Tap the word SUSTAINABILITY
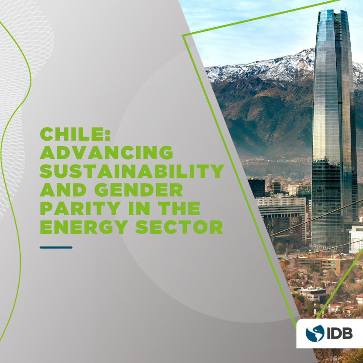click(x=132, y=172)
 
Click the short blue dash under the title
click(x=56, y=247)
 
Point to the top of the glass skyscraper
click(x=334, y=14)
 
